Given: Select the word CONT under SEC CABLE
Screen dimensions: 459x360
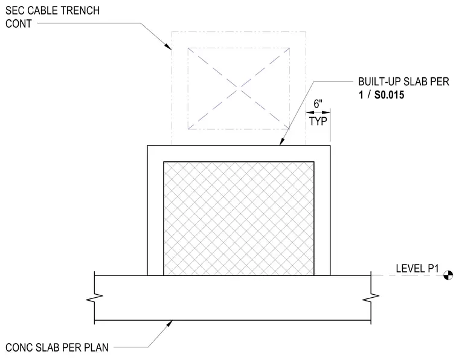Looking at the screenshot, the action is pyautogui.click(x=19, y=24).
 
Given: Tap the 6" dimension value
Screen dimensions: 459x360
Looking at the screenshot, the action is pyautogui.click(x=318, y=104).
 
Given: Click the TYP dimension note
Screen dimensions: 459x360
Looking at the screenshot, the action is pyautogui.click(x=318, y=121).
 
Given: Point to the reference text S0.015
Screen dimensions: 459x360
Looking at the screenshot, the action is pyautogui.click(x=390, y=95).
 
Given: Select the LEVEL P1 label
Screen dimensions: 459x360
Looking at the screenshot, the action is pyautogui.click(x=417, y=268).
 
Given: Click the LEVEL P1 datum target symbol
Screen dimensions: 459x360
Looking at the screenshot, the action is pyautogui.click(x=449, y=275).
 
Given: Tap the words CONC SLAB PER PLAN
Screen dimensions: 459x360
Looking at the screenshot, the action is pyautogui.click(x=57, y=347).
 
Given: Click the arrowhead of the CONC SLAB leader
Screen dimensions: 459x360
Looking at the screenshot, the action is pyautogui.click(x=170, y=323).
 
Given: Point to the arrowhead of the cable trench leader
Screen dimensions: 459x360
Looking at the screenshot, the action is pyautogui.click(x=168, y=47).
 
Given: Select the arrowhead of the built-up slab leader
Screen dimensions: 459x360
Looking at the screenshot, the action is pyautogui.click(x=281, y=141).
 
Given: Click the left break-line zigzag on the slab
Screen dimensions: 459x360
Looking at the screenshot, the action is pyautogui.click(x=95, y=298).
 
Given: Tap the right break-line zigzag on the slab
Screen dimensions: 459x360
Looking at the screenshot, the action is pyautogui.click(x=371, y=298).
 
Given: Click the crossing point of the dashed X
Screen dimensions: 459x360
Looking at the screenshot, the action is pyautogui.click(x=239, y=88).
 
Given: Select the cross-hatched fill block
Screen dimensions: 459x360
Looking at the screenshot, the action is pyautogui.click(x=239, y=218).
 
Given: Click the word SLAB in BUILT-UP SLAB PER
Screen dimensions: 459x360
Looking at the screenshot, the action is pyautogui.click(x=415, y=82).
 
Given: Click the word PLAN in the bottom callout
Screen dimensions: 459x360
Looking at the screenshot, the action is pyautogui.click(x=96, y=347).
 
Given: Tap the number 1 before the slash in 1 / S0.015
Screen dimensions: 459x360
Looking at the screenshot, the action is pyautogui.click(x=361, y=95).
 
